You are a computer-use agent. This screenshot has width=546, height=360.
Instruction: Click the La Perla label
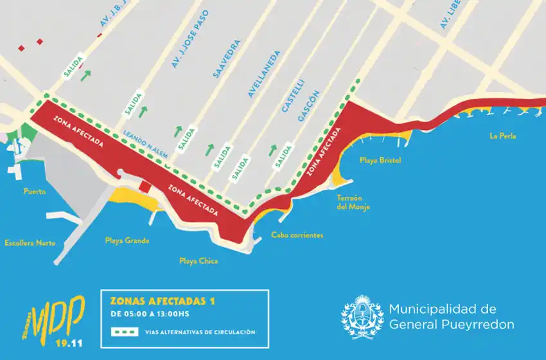pos(502,136)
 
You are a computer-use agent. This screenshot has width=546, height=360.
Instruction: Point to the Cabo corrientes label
pos(297,235)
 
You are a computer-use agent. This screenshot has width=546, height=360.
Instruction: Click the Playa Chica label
pos(198,261)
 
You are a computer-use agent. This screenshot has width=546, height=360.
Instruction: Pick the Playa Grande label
pos(127,241)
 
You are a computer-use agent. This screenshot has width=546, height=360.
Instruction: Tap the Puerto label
pos(35,192)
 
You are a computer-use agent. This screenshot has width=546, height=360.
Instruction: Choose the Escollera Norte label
pos(30,243)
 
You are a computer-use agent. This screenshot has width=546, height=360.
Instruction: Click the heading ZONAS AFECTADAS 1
pos(163,301)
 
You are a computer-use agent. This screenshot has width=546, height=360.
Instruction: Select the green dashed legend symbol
pos(126,332)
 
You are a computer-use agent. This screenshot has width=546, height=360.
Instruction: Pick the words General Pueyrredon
pos(451,325)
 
